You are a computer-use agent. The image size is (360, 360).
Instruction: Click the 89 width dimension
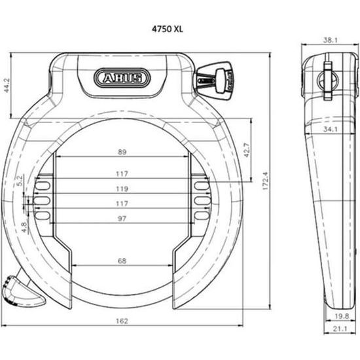click(x=122, y=152)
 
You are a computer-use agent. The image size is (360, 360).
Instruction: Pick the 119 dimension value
click(x=122, y=189)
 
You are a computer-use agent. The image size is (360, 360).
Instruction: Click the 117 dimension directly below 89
click(x=122, y=173)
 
